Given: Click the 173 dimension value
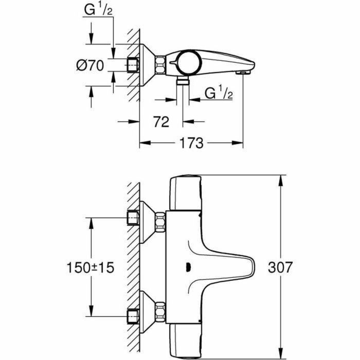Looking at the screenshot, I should pos(191,143).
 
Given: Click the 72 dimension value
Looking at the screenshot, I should pos(161,122).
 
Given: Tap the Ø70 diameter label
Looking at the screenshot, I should pos(90,66).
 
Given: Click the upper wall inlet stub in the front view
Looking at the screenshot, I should pos(133,219).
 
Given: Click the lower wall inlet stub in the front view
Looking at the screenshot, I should pos(133,314).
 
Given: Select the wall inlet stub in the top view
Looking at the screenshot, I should pos(133,65).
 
